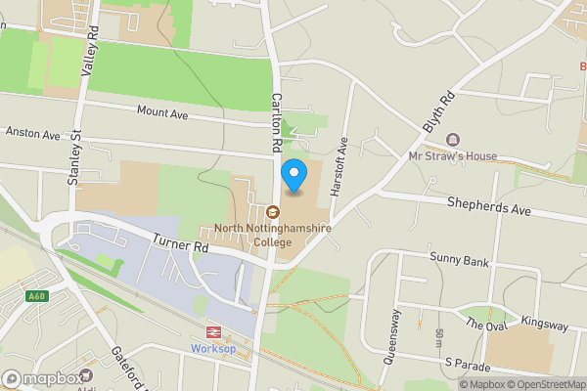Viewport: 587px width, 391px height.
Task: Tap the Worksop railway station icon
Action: click(214, 332)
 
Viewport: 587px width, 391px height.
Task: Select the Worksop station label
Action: click(214, 349)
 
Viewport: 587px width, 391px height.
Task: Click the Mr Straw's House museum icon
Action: click(452, 140)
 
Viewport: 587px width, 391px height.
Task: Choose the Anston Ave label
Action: click(32, 132)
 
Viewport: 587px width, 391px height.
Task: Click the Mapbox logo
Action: click(41, 378)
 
